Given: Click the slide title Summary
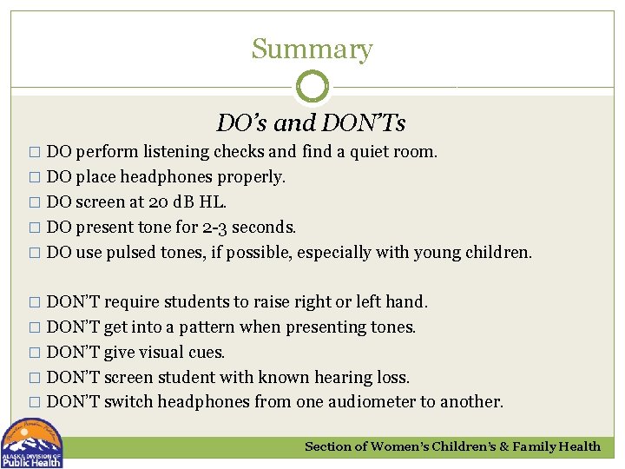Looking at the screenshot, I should coord(312,50).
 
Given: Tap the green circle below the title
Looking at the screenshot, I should coord(312,87).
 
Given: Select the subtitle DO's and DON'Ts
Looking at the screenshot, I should coord(311,123).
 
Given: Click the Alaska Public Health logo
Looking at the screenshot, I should coord(32,444).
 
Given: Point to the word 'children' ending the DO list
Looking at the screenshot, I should coord(496,253).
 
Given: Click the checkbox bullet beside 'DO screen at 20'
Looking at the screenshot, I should coord(35,203).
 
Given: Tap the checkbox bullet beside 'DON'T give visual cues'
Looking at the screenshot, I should coord(35,353).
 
